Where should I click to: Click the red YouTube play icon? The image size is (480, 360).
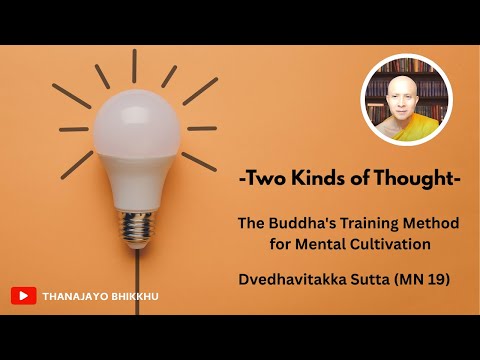point(23,295)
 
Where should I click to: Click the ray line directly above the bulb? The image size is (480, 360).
point(135,64)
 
